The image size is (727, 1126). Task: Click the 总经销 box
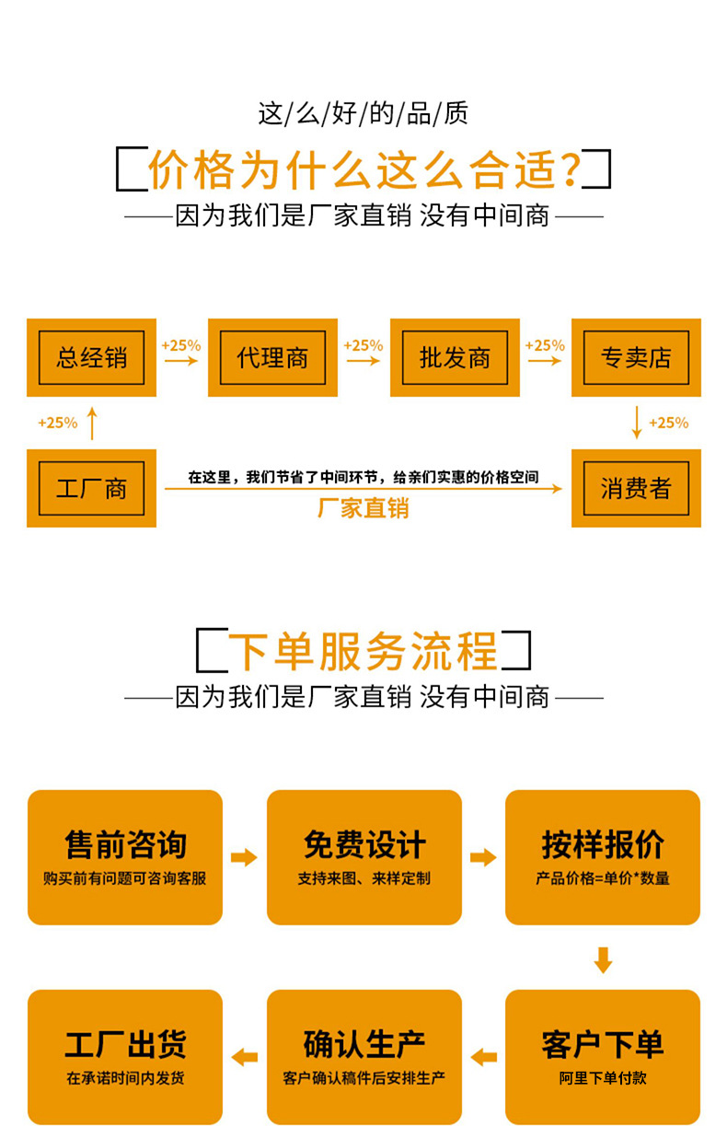(x=91, y=357)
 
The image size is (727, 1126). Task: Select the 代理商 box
(x=272, y=357)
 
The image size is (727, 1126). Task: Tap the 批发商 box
(x=455, y=357)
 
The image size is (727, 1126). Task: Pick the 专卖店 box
(x=636, y=357)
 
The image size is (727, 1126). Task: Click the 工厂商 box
(x=91, y=488)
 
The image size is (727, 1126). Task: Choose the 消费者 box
(x=636, y=488)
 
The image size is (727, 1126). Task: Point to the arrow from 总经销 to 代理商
(x=181, y=361)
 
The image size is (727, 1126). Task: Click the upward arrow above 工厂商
(x=91, y=424)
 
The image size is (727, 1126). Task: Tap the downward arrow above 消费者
(x=636, y=423)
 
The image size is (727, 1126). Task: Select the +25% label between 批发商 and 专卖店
(x=545, y=345)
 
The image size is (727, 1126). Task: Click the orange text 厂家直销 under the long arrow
(x=363, y=508)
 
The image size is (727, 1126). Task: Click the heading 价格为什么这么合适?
(x=363, y=170)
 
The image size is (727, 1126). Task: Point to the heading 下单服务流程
(x=363, y=651)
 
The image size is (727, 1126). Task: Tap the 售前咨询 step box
(x=125, y=857)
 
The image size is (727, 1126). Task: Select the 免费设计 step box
(x=363, y=857)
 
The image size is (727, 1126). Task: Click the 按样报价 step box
(x=603, y=857)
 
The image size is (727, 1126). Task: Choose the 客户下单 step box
(x=603, y=1056)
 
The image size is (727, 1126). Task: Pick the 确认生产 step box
(x=363, y=1056)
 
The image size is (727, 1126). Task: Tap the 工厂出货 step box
(x=125, y=1056)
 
